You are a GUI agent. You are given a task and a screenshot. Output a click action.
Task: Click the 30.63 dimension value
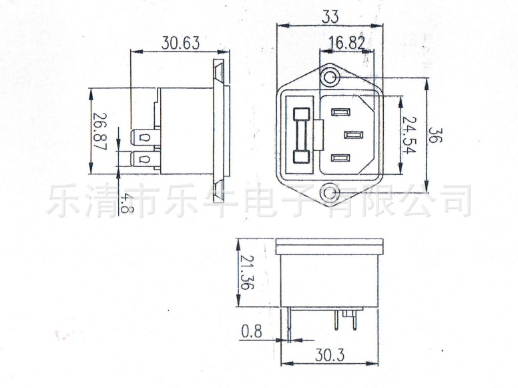[181, 43]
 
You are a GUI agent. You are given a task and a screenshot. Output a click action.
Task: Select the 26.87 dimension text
[99, 132]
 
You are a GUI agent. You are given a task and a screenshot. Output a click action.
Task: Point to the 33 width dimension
[330, 17]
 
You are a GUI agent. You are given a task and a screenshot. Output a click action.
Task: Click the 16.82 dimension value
[346, 43]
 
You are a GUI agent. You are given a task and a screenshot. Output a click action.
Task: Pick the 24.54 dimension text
[410, 135]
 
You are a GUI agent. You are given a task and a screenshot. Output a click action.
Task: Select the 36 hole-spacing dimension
[435, 135]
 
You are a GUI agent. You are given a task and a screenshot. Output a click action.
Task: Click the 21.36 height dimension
[247, 272]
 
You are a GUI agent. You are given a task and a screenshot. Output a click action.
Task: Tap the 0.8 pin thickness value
[252, 331]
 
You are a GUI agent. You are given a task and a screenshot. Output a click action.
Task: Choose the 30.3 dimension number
[329, 355]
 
